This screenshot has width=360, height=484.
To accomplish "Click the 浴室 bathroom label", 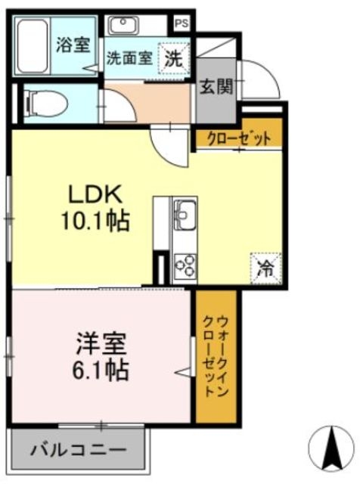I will click(73, 45).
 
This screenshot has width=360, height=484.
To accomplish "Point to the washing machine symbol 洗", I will click(174, 57).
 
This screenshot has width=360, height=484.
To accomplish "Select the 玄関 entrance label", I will click(215, 86).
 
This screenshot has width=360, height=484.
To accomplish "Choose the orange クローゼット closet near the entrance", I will click(238, 138).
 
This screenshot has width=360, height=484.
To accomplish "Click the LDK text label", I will click(94, 195).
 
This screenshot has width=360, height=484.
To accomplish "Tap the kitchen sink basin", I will click(185, 215).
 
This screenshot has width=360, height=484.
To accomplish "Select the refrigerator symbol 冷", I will click(266, 266).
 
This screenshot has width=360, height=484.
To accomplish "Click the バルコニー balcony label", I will click(78, 451).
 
